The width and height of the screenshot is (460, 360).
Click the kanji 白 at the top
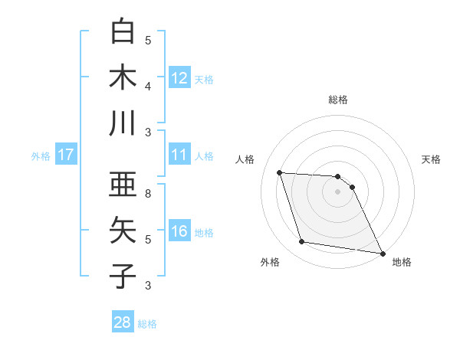pos(123,33)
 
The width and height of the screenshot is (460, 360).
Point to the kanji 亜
pos(123,185)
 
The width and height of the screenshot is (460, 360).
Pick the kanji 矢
pos(123,231)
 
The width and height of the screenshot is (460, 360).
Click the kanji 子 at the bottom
pos(123,276)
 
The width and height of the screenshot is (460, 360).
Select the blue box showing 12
pos(179,77)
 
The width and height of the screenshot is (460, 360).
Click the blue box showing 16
pos(179,231)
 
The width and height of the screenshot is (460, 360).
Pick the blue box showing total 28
pos(122,322)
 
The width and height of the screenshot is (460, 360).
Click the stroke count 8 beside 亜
pos(148,194)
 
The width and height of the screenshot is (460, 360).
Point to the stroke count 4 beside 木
pos(148,86)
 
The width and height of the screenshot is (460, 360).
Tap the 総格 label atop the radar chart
pos(338,100)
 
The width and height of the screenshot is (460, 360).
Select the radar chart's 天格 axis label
pos(432,159)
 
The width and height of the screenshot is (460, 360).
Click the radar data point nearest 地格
pos(382,253)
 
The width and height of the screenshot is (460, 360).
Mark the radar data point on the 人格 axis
pos(280,172)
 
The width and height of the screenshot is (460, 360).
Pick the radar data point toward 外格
pos(302,242)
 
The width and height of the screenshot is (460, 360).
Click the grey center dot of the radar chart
pos(338,191)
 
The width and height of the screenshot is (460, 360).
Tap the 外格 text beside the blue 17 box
pos(41,155)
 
